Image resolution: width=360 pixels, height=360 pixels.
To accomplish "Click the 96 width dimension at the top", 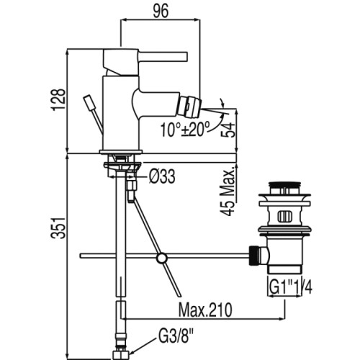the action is coord(161,11).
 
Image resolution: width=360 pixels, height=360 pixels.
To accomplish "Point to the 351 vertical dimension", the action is coord(58,228).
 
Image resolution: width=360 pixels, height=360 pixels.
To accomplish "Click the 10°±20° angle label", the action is coord(185,130).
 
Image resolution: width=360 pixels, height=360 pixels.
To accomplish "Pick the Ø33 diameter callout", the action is coord(162,177).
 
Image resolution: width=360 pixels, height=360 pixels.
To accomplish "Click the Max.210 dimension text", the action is coord(205,310).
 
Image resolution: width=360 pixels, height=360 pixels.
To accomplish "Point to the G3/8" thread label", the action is coord(176,337).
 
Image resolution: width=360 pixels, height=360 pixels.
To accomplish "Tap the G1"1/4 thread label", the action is coord(291,287).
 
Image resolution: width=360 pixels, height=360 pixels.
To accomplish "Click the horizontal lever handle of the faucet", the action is coord(163,56).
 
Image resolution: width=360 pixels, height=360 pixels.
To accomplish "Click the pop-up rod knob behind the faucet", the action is coord(88,103).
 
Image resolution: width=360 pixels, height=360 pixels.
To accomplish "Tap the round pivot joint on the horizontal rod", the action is coord(161,258).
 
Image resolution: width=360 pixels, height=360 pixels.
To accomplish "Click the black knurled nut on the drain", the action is coord(254,256).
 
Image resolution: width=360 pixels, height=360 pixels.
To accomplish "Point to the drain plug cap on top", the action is coord(284,184).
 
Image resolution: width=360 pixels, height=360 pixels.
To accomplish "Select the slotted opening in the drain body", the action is coord(284,217).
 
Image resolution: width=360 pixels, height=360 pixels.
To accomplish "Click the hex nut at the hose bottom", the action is coord(121,354).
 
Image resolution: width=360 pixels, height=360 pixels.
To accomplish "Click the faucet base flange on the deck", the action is coord(121,152).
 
